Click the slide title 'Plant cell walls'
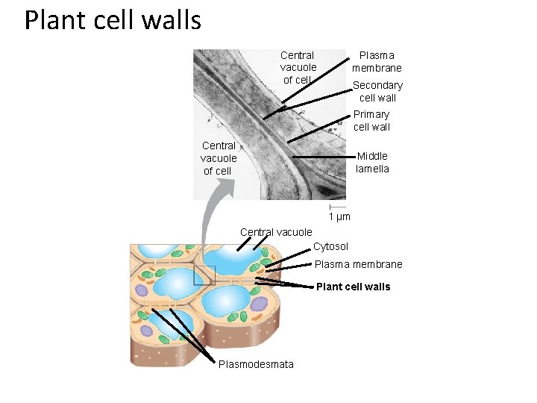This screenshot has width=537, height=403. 113,20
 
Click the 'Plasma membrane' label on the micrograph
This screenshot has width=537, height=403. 377,61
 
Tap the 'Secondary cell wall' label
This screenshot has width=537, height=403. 377,91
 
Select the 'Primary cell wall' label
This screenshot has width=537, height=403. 371,120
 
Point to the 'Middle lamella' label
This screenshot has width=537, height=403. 372,162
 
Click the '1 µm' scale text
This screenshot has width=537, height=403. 339,217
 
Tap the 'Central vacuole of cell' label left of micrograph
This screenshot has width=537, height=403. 218,158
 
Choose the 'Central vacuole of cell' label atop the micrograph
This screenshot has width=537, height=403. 298,67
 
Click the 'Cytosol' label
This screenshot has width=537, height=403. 330,246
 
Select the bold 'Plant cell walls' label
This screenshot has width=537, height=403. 353,287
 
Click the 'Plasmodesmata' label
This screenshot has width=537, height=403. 256,364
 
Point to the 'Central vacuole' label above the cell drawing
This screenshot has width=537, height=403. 276,232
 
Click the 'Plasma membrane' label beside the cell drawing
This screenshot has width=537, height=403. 358,264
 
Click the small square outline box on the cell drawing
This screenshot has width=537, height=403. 204,275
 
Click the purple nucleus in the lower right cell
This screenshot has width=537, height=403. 258,304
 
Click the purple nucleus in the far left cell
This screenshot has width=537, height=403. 147,331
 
